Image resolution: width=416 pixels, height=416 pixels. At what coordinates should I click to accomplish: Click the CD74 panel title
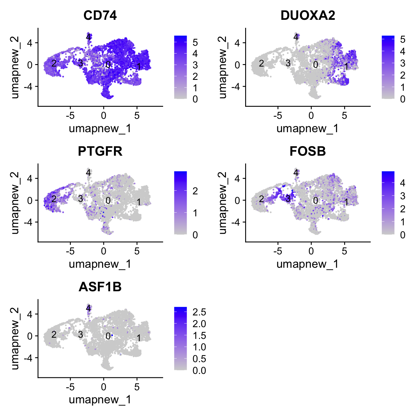click(x=100, y=15)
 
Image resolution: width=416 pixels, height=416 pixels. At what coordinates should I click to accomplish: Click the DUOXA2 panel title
click(x=308, y=15)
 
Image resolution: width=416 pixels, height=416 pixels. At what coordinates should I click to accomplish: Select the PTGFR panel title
click(x=100, y=151)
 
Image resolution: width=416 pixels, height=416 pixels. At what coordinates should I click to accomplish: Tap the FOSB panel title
click(x=308, y=151)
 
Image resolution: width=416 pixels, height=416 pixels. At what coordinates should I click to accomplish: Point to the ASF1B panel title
click(x=100, y=287)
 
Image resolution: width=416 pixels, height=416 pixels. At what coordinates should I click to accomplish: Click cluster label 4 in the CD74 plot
click(x=89, y=37)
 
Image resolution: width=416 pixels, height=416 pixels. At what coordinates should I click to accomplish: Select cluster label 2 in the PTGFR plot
click(x=54, y=199)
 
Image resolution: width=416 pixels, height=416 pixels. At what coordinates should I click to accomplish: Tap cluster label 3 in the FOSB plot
click(x=288, y=199)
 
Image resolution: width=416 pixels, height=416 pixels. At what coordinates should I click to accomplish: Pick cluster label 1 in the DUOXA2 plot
click(x=346, y=66)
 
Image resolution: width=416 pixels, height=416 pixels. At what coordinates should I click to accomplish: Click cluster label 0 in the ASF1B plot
click(x=108, y=336)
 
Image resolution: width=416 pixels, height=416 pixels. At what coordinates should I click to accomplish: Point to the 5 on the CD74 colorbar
click(x=195, y=42)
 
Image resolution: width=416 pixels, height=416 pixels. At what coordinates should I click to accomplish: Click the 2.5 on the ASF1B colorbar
click(x=199, y=312)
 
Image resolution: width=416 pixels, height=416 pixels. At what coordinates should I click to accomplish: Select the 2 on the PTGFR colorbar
click(x=195, y=191)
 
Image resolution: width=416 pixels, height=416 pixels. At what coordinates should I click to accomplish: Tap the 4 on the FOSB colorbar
click(x=402, y=183)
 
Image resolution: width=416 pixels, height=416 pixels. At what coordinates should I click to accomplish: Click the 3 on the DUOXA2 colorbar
click(x=402, y=63)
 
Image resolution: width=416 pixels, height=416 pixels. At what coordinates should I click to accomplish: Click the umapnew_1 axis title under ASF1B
click(x=100, y=400)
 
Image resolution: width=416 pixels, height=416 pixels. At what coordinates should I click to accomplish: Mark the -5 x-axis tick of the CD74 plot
click(x=70, y=115)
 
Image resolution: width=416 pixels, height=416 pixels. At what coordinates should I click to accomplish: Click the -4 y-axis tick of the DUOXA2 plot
click(x=237, y=87)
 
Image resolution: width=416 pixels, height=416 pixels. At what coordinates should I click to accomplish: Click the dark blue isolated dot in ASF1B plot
click(x=112, y=335)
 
